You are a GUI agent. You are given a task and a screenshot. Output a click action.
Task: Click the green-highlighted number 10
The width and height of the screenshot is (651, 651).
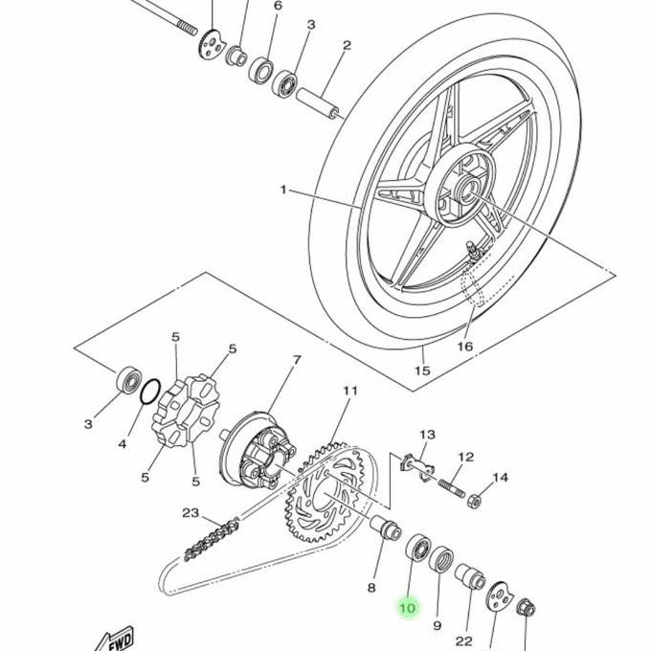[407, 608]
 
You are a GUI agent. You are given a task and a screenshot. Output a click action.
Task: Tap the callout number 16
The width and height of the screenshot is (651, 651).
[465, 346]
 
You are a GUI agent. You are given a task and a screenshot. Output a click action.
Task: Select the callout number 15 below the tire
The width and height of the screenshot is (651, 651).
[422, 370]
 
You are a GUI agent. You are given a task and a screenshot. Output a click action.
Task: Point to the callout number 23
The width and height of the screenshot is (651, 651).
[191, 513]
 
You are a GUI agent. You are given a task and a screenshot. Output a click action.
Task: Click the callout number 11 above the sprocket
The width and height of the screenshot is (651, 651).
[350, 391]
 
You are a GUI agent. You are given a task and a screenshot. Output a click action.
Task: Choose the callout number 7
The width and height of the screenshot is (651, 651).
[297, 360]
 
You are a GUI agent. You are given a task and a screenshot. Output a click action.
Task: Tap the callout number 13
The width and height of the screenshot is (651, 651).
[427, 435]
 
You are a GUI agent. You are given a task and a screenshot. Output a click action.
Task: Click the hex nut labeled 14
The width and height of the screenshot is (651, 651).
[474, 501]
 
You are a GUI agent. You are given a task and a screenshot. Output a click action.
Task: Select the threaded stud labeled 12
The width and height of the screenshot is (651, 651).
[451, 488]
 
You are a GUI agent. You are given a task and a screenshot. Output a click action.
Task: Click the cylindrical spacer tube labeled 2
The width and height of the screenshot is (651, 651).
[318, 102]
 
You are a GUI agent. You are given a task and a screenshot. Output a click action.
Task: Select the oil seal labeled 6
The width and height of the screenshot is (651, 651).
[260, 71]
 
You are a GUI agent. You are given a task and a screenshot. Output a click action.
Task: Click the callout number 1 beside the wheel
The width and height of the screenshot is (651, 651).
[283, 190]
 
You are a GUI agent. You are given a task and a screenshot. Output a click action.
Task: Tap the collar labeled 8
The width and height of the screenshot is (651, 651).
[386, 528]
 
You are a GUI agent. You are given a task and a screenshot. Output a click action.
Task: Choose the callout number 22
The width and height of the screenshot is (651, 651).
[463, 640]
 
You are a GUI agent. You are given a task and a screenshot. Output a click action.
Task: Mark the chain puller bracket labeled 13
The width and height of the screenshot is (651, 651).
[417, 466]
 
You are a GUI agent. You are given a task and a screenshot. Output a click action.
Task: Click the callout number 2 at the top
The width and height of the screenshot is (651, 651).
[347, 45]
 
